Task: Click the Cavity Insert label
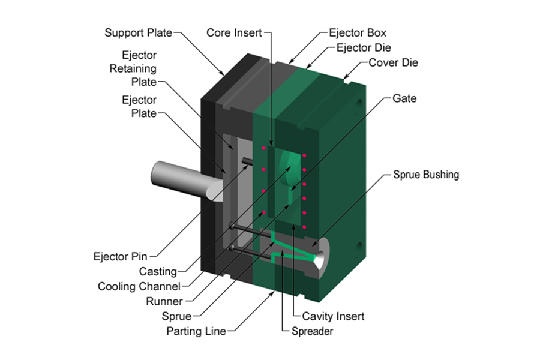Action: click(334, 316)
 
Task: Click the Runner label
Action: click(164, 301)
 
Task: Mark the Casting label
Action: click(158, 272)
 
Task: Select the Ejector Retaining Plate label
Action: click(133, 68)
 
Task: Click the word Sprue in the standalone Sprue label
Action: click(176, 316)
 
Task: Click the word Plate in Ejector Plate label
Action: click(143, 113)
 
